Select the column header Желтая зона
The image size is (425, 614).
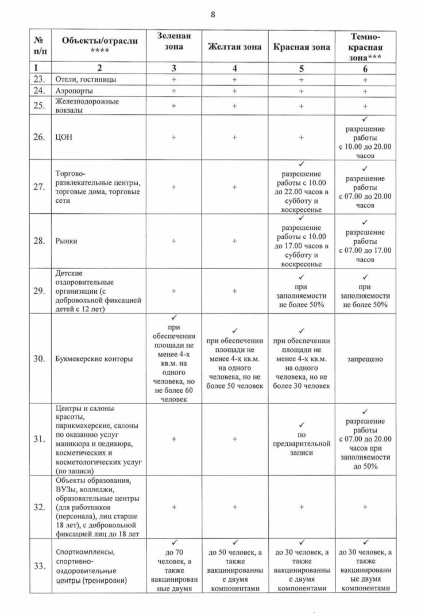point(234,47)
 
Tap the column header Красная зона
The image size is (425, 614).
point(301,47)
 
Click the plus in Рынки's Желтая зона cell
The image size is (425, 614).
point(234,241)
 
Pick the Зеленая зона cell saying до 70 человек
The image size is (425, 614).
point(173,566)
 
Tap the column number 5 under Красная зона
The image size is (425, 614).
point(301,68)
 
